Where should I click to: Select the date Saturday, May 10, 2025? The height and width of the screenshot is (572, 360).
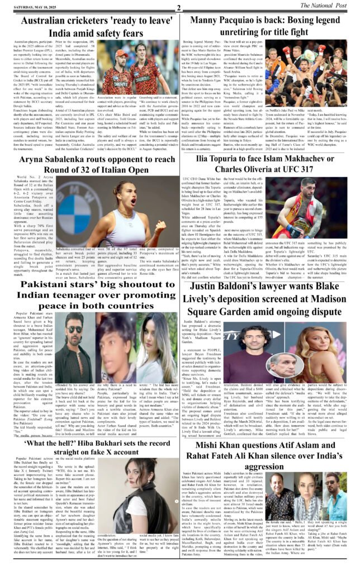coord(32,7)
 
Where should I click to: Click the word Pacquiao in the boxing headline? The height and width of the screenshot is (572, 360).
coord(240,22)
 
